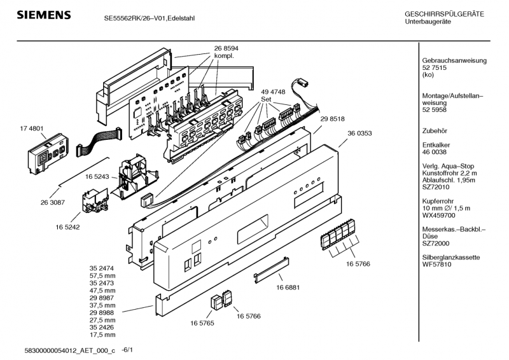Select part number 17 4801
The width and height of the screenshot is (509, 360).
point(32,128)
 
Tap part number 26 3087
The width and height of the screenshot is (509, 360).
point(53,202)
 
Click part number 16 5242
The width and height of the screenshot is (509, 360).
point(68,225)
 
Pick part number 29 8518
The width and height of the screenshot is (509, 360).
point(333,119)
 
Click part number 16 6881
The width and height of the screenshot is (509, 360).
point(288,287)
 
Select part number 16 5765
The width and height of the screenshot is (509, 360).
point(202,323)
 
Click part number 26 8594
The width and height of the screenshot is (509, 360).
point(227,48)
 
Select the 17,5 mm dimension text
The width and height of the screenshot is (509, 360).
point(102,334)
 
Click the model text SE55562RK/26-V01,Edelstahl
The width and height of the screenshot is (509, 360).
point(150,18)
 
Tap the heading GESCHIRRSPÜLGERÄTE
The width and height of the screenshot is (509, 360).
point(444,14)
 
